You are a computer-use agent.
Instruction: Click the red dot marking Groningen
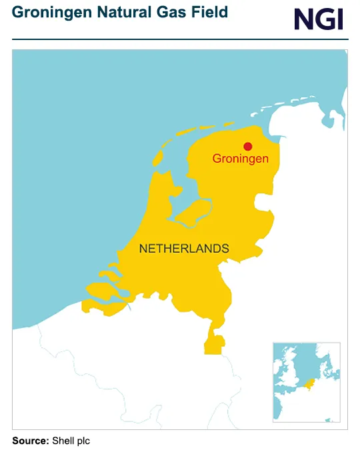[248, 147]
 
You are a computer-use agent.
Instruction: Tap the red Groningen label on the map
[241, 159]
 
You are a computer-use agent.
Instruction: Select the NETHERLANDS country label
[184, 249]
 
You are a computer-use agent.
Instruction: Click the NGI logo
[319, 19]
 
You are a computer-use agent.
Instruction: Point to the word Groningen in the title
[50, 12]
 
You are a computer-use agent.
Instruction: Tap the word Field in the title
[208, 12]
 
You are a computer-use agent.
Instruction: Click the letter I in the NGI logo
[339, 19]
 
